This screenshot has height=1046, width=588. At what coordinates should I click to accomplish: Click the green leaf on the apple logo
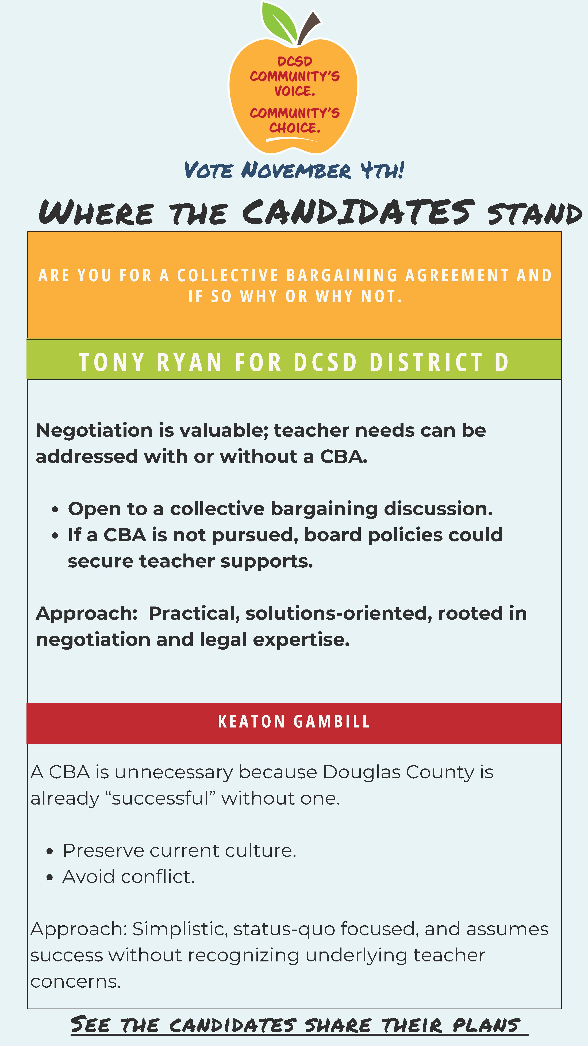tap(279, 22)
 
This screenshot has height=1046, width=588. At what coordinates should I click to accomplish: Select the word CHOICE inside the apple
tap(294, 128)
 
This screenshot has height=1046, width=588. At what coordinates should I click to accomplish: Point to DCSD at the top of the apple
tap(295, 61)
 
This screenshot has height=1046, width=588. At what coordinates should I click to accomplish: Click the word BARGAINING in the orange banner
tap(342, 275)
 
